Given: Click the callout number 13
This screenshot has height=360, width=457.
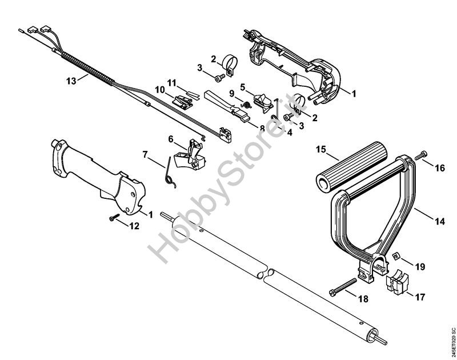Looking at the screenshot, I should tap(70, 81).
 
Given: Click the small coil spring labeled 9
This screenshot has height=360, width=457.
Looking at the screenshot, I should tap(247, 104).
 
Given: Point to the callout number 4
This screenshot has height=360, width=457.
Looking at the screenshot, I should tap(290, 133).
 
